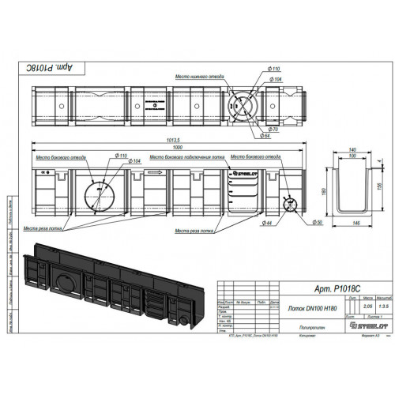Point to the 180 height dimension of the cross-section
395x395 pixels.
[x=323, y=189]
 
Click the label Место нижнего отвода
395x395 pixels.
[x=196, y=77]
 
